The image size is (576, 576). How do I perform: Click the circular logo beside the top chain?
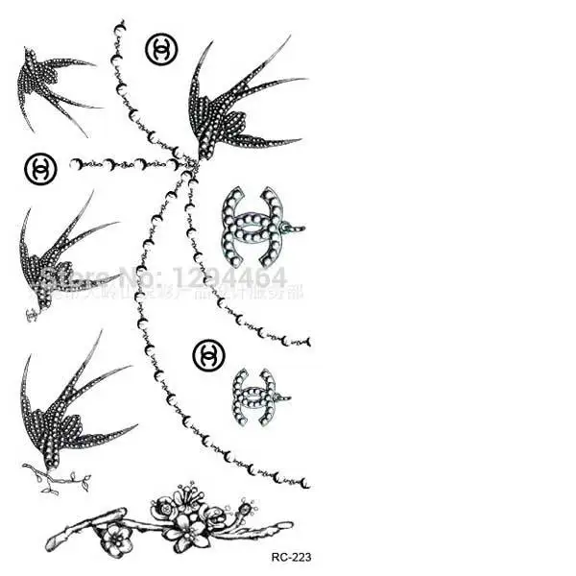click(x=160, y=48)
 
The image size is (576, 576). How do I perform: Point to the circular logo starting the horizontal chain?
click(x=40, y=168)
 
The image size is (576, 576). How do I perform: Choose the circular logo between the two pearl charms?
click(x=207, y=354)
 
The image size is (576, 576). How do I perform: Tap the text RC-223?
click(x=292, y=556)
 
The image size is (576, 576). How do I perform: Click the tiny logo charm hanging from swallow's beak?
click(x=32, y=313)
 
